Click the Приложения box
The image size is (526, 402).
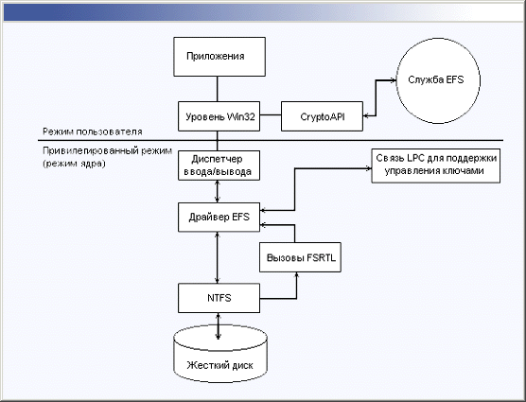tap(219, 57)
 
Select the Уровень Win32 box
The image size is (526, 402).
tap(219, 116)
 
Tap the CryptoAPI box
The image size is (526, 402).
tap(322, 116)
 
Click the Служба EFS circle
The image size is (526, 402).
tap(438, 80)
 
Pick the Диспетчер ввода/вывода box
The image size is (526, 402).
tap(219, 166)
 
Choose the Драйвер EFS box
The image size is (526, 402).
tap(219, 217)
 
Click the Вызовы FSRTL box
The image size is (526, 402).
tap(300, 257)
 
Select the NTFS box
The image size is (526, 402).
tap(219, 298)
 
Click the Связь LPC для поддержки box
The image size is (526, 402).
tap(436, 166)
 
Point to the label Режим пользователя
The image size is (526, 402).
tap(93, 131)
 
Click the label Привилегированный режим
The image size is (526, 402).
tap(107, 151)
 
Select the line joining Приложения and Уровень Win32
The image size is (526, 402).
tap(218, 89)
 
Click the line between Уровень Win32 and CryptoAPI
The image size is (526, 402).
tap(271, 115)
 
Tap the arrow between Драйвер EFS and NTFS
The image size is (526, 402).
tap(218, 257)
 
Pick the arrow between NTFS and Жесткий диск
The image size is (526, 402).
tap(219, 326)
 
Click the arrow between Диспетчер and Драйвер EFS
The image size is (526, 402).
tap(218, 191)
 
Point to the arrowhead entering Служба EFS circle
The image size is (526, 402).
tap(394, 80)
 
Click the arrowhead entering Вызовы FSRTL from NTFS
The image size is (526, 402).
tap(296, 274)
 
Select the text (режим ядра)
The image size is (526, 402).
tap(74, 164)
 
